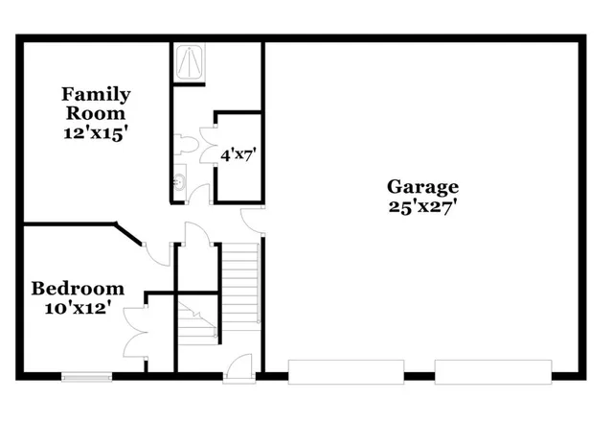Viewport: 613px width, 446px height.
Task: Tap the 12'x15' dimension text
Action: pyautogui.click(x=96, y=135)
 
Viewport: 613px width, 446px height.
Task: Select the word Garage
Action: pyautogui.click(x=422, y=186)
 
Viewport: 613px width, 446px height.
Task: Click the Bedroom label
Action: pyautogui.click(x=78, y=288)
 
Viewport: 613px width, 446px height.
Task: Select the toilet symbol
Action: pyautogui.click(x=188, y=145)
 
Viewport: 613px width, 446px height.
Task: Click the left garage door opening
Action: pyautogui.click(x=346, y=371)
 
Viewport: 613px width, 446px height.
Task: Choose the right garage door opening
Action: pyautogui.click(x=493, y=371)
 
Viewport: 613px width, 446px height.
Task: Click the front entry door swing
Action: pyautogui.click(x=238, y=366)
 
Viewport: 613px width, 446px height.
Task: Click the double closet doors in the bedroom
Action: pyautogui.click(x=135, y=327)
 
